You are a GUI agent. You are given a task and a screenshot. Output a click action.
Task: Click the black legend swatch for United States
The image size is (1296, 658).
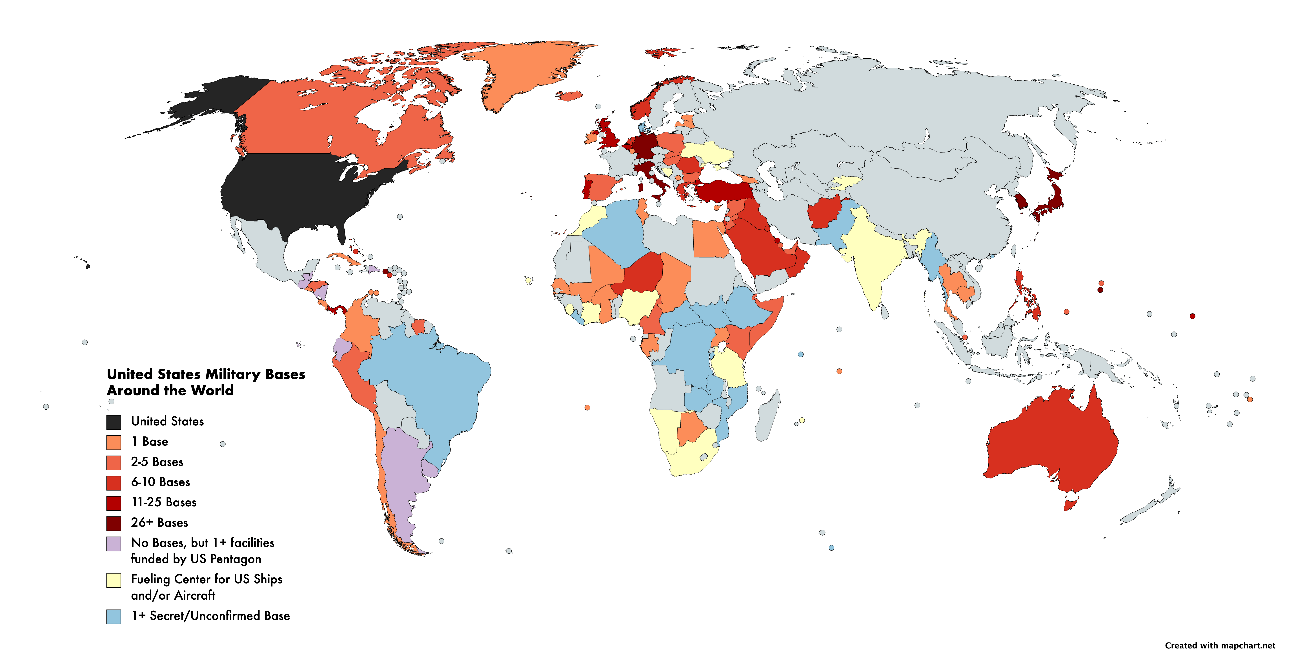[114, 422]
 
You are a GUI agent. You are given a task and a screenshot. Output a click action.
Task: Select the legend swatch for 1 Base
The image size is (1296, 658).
[114, 442]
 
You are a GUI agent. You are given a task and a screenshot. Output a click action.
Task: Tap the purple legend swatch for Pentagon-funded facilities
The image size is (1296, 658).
[114, 544]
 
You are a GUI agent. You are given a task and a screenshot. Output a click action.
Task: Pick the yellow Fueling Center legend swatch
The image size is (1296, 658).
[114, 580]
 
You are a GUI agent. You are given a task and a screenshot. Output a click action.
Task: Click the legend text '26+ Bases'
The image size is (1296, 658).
[159, 523]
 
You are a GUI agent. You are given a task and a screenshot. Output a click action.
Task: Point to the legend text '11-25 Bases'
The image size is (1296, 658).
[163, 502]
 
